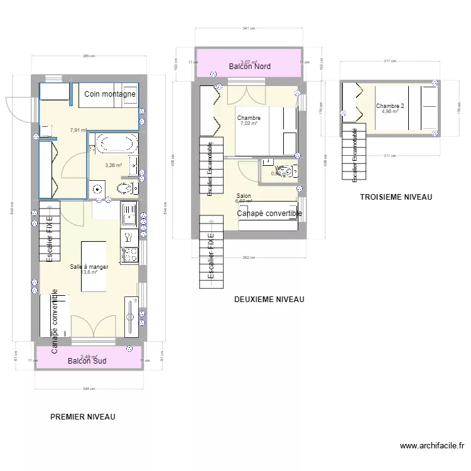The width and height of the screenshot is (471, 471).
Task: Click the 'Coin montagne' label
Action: point(111,94)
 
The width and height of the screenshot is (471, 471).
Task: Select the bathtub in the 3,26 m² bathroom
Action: point(114,143)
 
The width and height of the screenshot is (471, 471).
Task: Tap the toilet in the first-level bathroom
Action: point(126,188)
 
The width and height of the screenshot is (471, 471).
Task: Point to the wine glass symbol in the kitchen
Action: point(129,237)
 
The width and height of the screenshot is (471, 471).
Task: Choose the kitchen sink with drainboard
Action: point(129,214)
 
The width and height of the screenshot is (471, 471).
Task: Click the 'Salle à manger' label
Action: point(90,266)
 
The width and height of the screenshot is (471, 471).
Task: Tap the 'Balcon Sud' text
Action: point(87,361)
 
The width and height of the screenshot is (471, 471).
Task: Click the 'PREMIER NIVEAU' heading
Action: point(82,416)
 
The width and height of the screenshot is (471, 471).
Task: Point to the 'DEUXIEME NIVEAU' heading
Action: point(269,300)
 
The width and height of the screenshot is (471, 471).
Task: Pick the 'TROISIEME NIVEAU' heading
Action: point(396,197)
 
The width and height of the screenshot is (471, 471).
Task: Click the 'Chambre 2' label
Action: point(390,106)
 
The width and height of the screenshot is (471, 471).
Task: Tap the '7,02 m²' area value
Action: point(249,124)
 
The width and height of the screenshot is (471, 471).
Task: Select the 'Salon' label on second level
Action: point(244,196)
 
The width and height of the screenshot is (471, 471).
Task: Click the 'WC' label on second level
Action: point(279,168)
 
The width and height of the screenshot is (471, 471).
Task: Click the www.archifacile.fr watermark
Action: point(433,447)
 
